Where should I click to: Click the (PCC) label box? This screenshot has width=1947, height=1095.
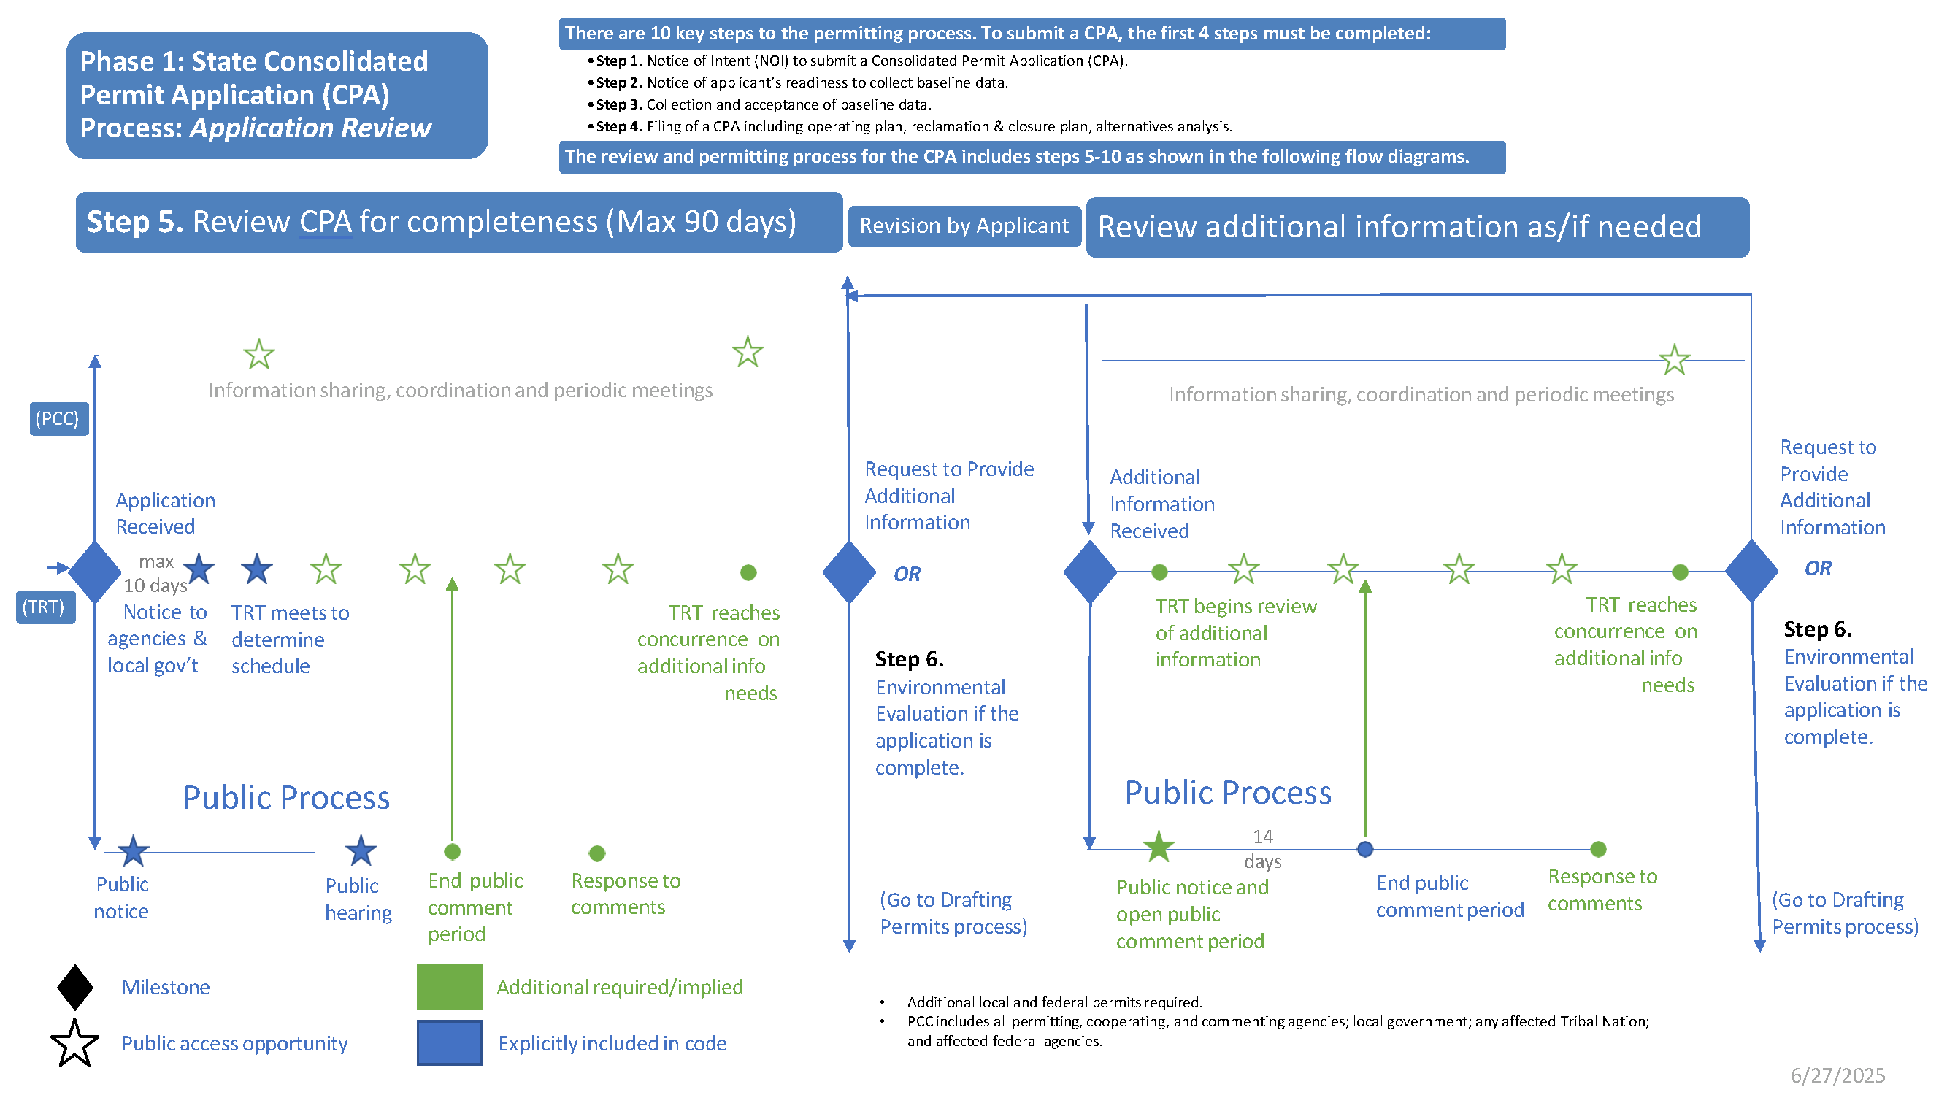point(59,418)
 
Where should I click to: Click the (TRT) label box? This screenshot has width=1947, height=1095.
point(45,607)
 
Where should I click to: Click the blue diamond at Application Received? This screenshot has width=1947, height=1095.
point(94,572)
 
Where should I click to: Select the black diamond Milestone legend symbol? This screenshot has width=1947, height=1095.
point(74,987)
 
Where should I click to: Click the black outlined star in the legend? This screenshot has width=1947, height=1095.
point(74,1044)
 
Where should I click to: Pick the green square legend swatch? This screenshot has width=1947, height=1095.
point(449,987)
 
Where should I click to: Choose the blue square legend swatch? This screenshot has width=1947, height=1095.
point(449,1043)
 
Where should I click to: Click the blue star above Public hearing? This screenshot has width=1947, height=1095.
point(361,851)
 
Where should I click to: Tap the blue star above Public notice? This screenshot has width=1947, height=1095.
point(133,851)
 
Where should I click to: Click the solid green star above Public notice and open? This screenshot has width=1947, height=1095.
point(1158,846)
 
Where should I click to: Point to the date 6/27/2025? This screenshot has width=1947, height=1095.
point(1837,1075)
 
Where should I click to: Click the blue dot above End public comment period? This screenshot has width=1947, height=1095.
point(1365,849)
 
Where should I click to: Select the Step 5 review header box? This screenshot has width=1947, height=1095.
point(458,222)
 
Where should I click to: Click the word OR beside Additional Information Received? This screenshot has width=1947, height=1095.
point(907,575)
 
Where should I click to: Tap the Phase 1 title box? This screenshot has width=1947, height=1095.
point(277,95)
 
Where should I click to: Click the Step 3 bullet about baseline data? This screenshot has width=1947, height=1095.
point(763,104)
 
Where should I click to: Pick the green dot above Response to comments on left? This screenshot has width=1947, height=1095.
point(597,853)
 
